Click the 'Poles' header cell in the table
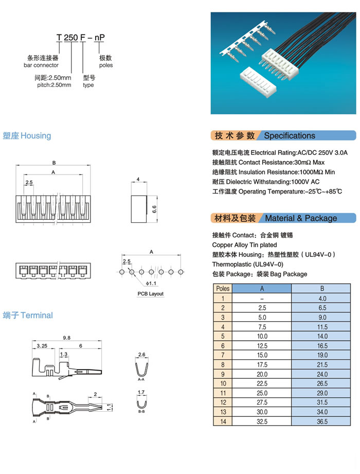tap(223, 288)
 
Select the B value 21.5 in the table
tap(322, 365)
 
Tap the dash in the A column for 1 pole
tap(262, 298)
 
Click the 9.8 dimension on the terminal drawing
tap(67, 337)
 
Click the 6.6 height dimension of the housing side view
tap(154, 208)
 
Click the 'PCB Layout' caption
tap(150, 294)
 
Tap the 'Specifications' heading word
tap(290, 136)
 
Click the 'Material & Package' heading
tap(301, 218)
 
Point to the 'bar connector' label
tap(41, 65)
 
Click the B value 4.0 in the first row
tap(322, 298)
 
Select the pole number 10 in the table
tap(223, 383)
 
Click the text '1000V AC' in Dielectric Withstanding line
tap(305, 182)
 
